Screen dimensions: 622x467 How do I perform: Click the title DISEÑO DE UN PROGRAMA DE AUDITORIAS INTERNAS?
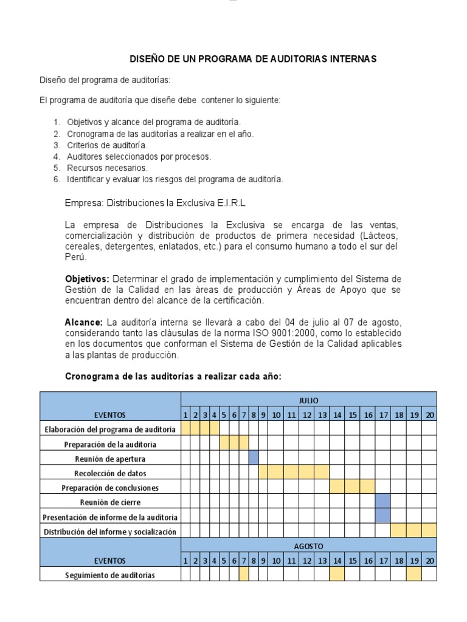point(254,59)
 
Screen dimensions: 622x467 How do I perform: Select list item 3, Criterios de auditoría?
point(107,145)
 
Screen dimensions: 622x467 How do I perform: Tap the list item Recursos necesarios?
point(107,168)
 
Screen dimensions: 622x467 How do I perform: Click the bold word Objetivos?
point(87,278)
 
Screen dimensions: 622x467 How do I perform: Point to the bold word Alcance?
point(84,322)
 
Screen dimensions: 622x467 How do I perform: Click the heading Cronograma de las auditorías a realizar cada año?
point(173,377)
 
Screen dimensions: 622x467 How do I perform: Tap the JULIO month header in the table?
point(308,400)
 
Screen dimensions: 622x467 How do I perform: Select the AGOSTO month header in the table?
point(308,545)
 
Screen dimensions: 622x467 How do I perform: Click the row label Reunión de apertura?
point(110,459)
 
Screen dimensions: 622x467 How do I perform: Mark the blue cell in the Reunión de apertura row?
point(254,459)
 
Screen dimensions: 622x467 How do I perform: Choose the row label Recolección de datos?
point(110,473)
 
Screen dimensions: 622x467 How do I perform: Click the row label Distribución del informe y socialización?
point(110,531)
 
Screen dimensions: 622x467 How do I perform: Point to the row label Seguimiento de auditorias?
point(110,575)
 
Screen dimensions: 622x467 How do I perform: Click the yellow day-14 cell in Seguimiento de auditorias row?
point(337,575)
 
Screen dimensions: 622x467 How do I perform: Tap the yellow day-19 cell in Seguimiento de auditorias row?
point(413,575)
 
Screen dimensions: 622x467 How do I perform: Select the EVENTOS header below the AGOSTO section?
point(110,561)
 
